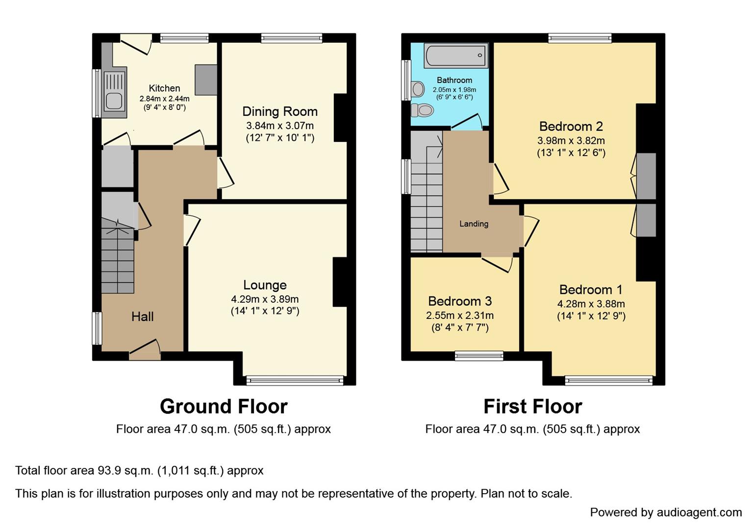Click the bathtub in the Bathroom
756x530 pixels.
(456, 55)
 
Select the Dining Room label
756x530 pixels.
(280, 112)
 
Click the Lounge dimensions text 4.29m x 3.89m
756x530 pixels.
(265, 299)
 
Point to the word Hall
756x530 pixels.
(142, 317)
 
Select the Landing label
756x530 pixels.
(474, 224)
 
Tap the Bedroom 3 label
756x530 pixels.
(460, 301)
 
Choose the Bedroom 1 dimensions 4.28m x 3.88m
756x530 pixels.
(591, 304)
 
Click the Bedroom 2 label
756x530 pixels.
(571, 127)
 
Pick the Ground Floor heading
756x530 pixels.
(224, 406)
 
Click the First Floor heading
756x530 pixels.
(532, 406)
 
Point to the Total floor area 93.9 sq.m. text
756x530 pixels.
(139, 471)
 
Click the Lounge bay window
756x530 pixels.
(295, 380)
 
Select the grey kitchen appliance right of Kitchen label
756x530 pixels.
(206, 79)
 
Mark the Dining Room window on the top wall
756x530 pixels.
(292, 38)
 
